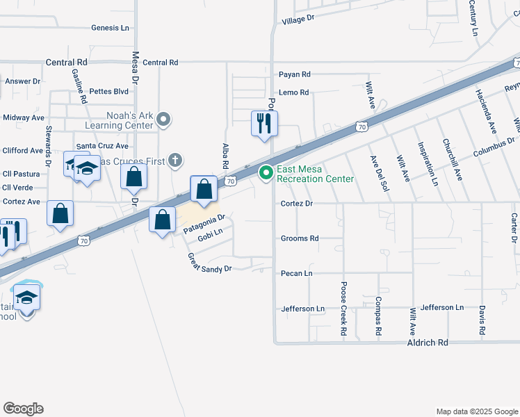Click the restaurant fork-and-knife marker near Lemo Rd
coord(264,124)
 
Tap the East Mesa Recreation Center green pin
coord(266,172)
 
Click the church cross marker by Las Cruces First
coord(175,161)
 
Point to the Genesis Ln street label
coord(111,28)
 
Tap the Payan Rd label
coord(294,74)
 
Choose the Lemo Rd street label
coord(293,92)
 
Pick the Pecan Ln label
coord(296,274)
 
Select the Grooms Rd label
coord(300,238)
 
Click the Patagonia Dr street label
coord(204,224)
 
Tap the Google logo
coord(23,409)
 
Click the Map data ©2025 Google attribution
coord(477,411)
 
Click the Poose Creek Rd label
coord(343,309)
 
